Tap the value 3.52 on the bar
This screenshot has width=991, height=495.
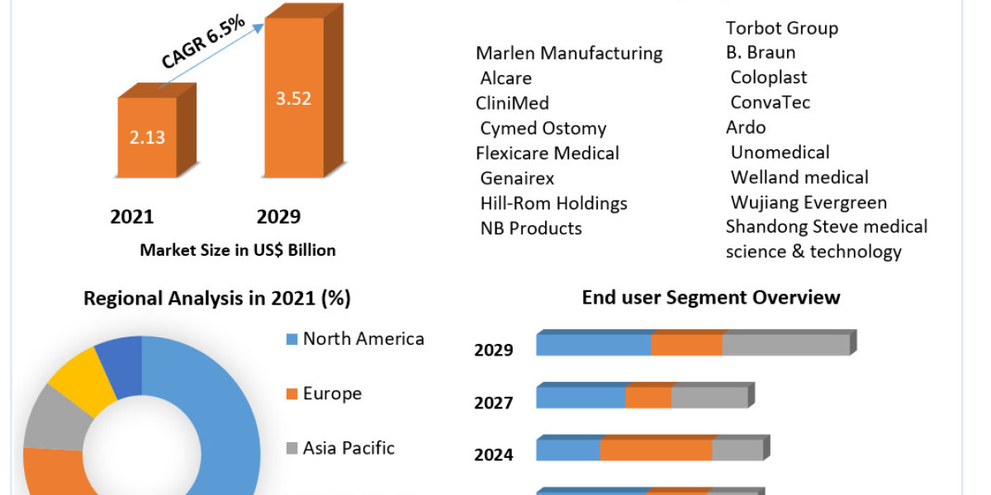[293, 99]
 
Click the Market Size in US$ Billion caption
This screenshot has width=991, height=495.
[238, 250]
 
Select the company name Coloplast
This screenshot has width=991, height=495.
[768, 78]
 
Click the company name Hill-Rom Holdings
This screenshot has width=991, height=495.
[553, 203]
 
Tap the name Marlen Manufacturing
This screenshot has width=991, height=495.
[569, 53]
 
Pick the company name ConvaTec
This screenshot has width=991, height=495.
[770, 102]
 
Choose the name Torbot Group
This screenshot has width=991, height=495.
[781, 28]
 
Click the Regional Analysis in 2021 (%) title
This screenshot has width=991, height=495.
[217, 299]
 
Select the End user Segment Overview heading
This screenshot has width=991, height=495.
[710, 297]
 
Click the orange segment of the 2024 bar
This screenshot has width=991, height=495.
[656, 450]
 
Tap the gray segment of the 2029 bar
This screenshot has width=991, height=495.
[785, 345]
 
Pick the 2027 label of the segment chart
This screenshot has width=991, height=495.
[494, 403]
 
